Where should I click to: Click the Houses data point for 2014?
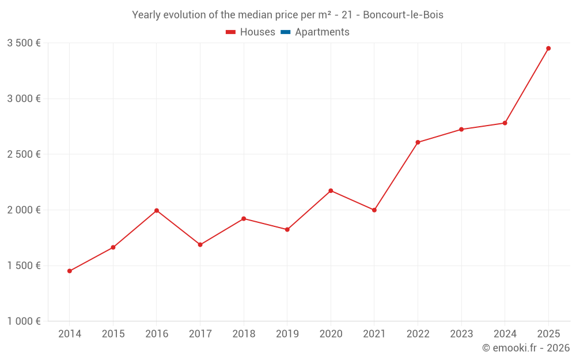tap(70, 271)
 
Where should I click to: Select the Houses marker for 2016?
tap(157, 211)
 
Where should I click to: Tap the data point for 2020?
tap(331, 191)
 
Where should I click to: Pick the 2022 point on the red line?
tap(418, 142)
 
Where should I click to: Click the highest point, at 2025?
tap(548, 48)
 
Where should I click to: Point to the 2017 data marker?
tap(200, 245)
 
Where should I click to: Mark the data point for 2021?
tap(374, 210)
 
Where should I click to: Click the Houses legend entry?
tap(251, 32)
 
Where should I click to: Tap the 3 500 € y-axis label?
tap(24, 43)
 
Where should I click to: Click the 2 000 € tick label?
tap(24, 210)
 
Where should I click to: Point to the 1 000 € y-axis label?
tap(24, 321)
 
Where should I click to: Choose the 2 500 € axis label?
tap(24, 154)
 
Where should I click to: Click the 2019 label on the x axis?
tap(287, 334)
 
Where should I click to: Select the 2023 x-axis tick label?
tap(461, 334)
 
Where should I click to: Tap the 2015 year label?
tap(113, 334)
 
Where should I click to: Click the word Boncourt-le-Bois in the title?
tap(403, 15)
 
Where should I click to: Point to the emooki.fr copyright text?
tap(526, 348)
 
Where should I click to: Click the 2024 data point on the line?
tap(505, 123)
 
